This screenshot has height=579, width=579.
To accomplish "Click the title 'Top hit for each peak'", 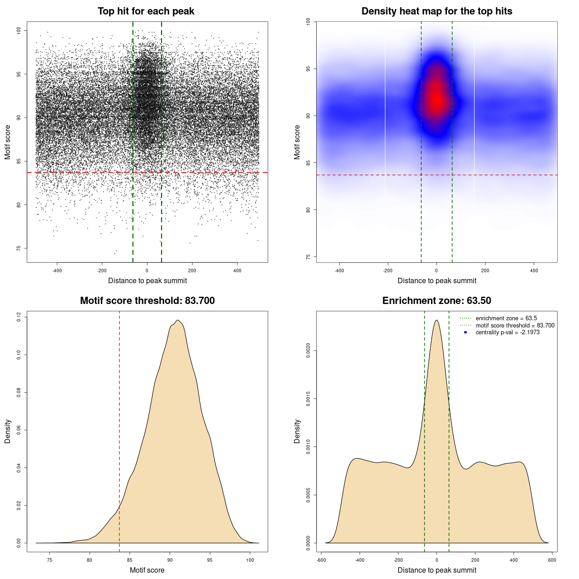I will [146, 11].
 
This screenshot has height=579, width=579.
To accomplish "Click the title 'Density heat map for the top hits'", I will [437, 11].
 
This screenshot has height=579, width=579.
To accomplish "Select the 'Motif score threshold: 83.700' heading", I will [147, 301].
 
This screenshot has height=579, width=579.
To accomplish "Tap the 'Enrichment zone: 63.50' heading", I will [437, 301].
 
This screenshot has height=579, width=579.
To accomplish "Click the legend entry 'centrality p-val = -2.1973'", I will [508, 332].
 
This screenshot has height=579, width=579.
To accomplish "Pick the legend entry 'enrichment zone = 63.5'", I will [506, 318].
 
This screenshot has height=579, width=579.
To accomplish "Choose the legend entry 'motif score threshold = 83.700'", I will [515, 326].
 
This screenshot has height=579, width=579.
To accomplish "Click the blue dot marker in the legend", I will [465, 332].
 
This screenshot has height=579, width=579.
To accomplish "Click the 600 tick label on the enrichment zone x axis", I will [552, 560].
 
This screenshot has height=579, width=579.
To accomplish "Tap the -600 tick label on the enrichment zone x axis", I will [321, 560].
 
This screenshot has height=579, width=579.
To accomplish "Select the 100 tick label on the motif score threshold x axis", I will [250, 560].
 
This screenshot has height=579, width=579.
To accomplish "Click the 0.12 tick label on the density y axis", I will [19, 317].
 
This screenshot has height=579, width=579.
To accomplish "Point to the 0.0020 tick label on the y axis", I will [308, 351].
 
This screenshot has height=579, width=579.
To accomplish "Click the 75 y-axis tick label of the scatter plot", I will [19, 248].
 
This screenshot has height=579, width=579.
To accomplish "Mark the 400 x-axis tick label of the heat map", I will [534, 271].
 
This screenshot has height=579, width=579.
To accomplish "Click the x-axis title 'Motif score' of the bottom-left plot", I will [147, 570].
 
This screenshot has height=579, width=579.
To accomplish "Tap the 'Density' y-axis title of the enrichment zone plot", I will [297, 431].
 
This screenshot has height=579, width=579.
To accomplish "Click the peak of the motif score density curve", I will [178, 320].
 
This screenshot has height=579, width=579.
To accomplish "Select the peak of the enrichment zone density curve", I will [437, 320].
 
